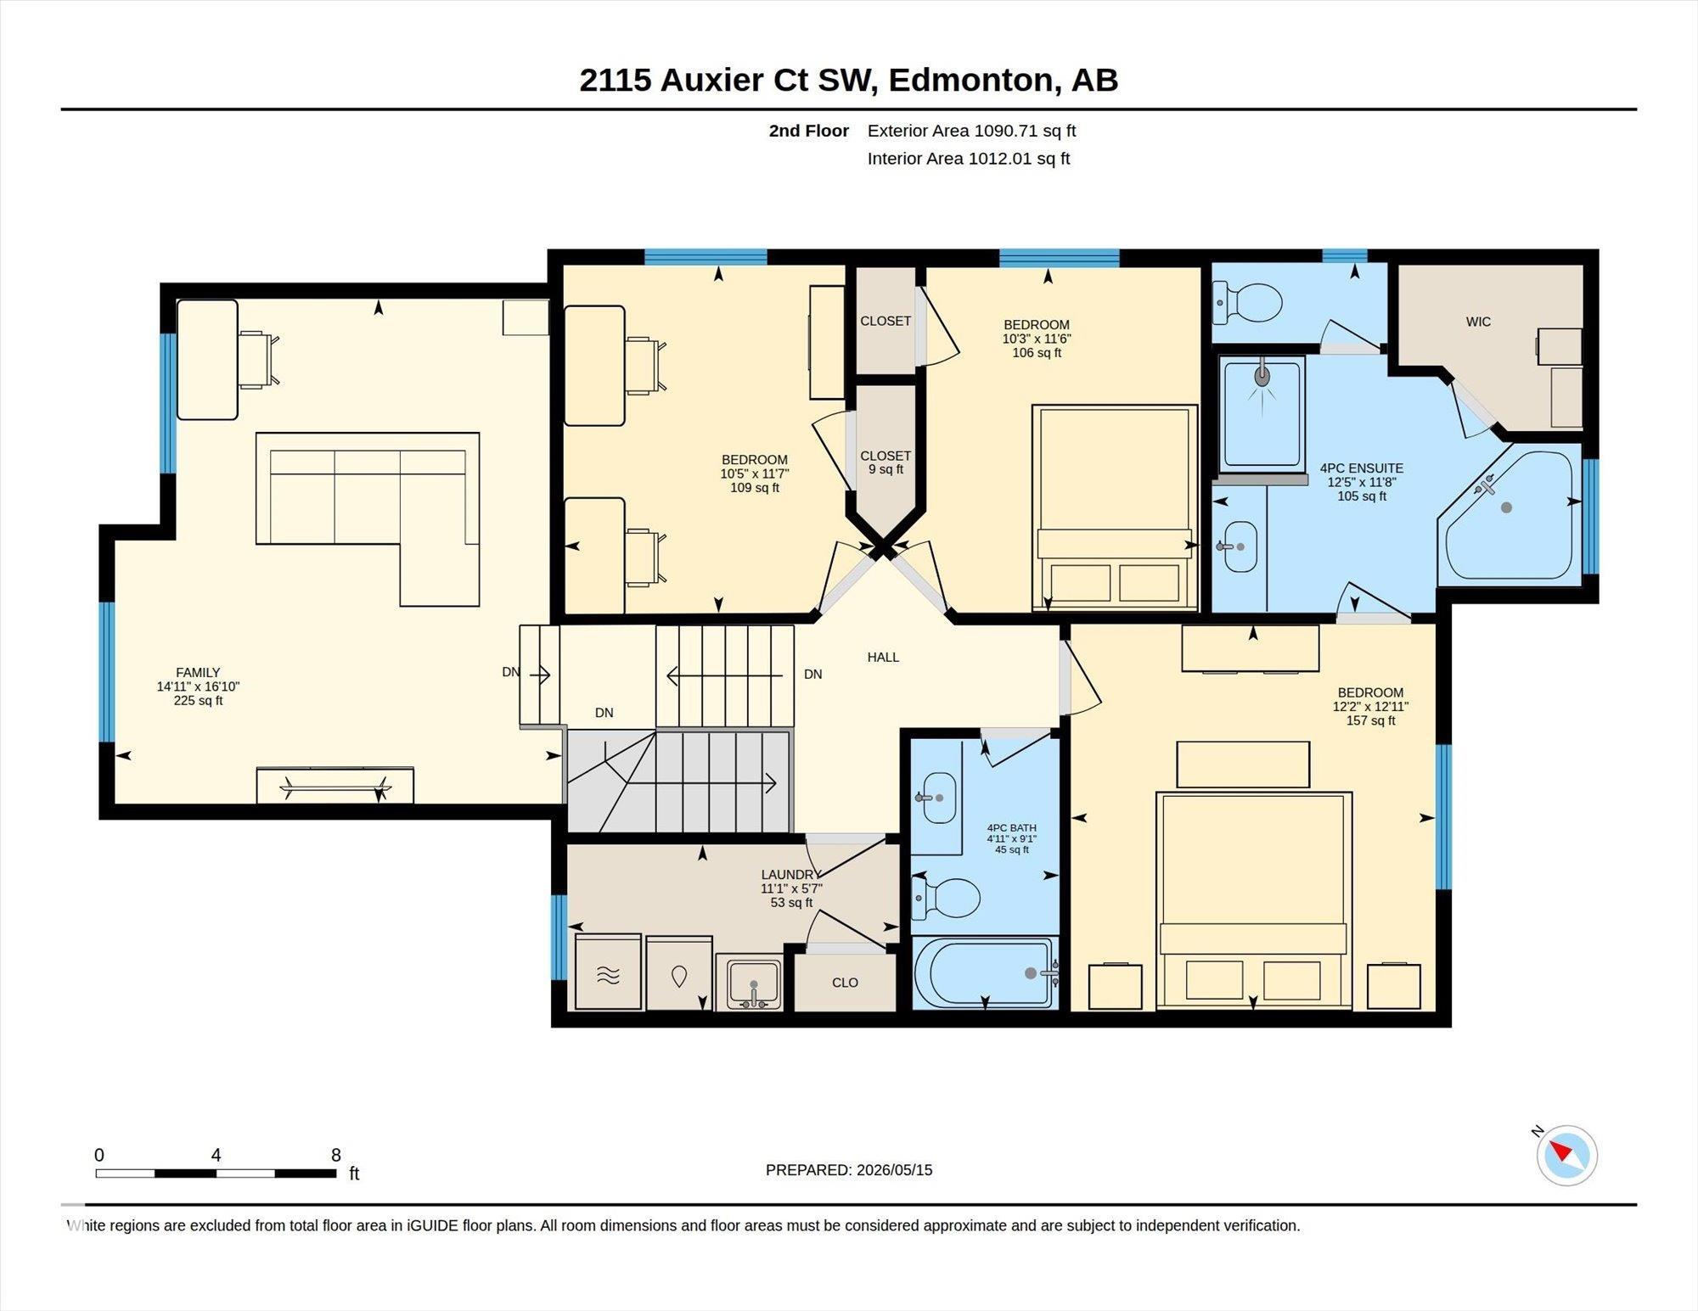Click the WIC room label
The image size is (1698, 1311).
tap(1478, 322)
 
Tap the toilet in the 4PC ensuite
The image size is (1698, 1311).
tap(1247, 303)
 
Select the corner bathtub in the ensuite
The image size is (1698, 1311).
tap(1510, 517)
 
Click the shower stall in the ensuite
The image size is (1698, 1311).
tap(1262, 412)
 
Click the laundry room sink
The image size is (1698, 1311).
tap(748, 982)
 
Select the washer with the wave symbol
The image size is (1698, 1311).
tap(608, 972)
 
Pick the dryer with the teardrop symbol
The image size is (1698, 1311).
tap(679, 973)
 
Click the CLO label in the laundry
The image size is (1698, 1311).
tap(845, 983)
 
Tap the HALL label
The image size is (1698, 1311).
tap(883, 657)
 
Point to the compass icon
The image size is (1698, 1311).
tap(1566, 1155)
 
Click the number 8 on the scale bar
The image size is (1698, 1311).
tap(336, 1155)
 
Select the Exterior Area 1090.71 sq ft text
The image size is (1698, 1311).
tap(971, 131)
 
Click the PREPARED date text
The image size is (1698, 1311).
tap(849, 1169)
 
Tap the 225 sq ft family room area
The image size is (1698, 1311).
tap(198, 701)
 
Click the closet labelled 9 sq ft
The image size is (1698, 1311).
tap(886, 462)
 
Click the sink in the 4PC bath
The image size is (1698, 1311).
tap(937, 798)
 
